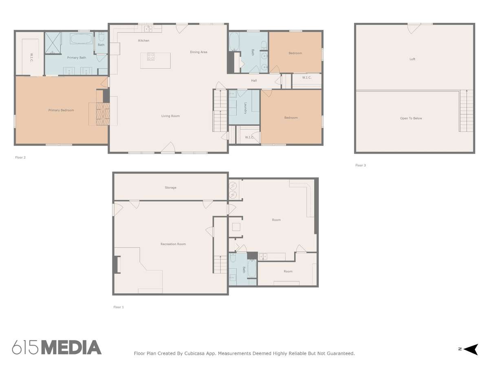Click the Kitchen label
143,40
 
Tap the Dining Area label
198,52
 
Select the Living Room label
170,116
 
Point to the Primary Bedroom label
61,110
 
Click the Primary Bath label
77,58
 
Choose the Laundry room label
245,108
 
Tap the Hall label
254,81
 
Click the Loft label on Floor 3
412,59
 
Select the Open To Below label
411,118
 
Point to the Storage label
170,187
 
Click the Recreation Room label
173,244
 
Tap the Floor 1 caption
118,307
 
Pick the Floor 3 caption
360,165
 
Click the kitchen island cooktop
151,57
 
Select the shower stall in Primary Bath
53,43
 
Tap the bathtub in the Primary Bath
81,39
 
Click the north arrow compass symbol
470,349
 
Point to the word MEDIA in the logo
71,347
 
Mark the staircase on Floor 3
466,111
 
